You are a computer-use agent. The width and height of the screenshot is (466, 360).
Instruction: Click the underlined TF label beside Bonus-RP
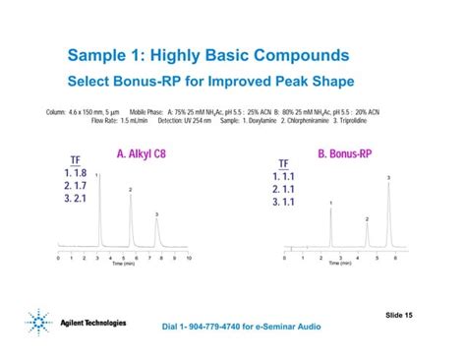(284, 163)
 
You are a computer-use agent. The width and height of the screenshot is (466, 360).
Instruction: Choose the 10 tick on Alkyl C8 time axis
(188, 259)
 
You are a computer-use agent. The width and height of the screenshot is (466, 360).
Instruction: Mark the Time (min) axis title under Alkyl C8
(123, 265)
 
